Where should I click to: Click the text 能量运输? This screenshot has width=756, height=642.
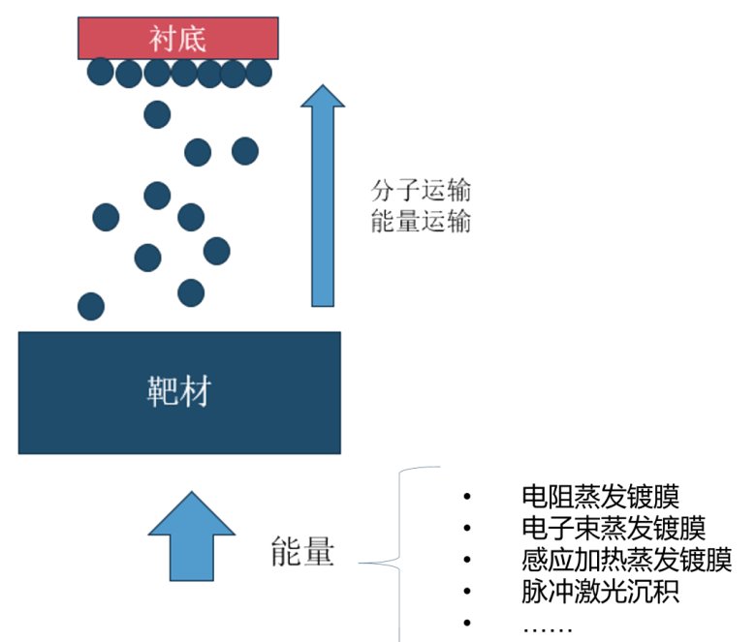tap(421, 222)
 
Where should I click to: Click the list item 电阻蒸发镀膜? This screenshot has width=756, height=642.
tap(600, 498)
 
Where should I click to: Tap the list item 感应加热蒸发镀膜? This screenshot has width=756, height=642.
tap(625, 560)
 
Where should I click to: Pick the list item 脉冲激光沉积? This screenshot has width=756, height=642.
tap(600, 591)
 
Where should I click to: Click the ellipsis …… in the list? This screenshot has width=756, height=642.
tap(548, 625)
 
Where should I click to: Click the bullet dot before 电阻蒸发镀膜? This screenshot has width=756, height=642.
tap(467, 498)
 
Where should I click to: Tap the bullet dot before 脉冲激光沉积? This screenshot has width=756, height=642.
tap(467, 591)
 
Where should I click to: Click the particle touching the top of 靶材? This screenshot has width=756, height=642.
tap(91, 306)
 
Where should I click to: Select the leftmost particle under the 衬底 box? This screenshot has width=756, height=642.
tap(101, 71)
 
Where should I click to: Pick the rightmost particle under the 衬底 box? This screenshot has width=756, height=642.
tap(259, 72)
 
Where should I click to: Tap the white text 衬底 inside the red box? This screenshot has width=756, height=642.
tap(178, 39)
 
